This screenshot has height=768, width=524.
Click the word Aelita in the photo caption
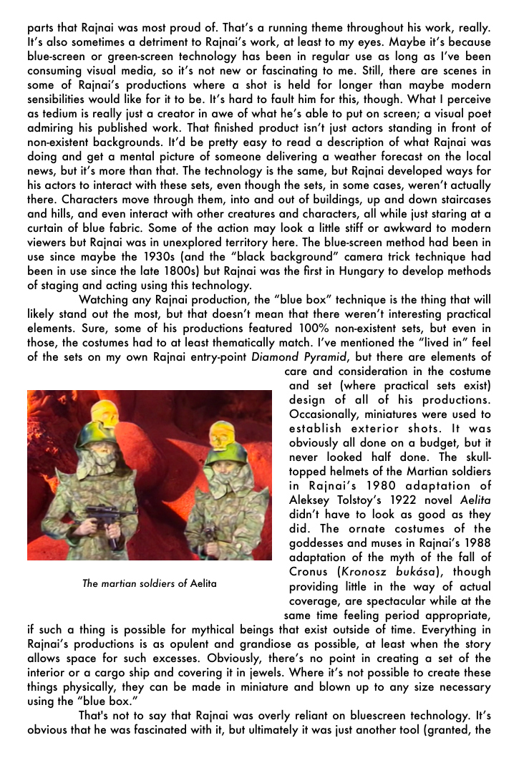point(203,583)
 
